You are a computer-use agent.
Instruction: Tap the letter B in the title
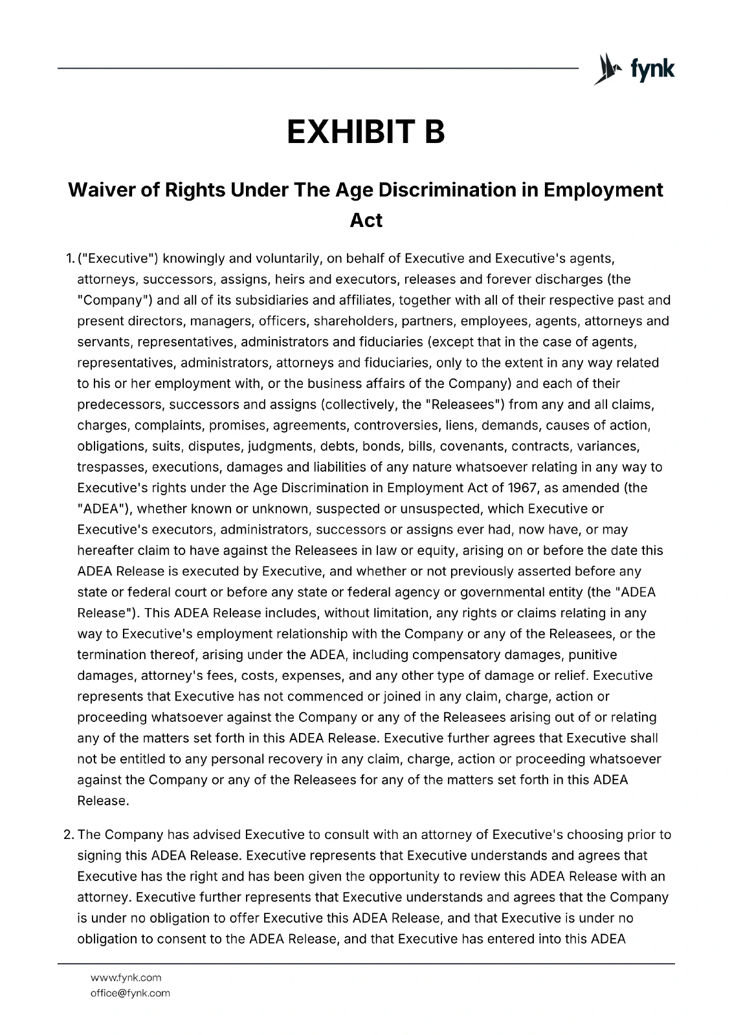coord(435,132)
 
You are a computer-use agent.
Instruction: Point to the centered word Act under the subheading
coord(366,220)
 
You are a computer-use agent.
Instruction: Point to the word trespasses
coord(111,467)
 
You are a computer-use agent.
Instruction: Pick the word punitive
coord(593,655)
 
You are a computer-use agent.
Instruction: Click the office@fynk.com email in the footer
coord(130,993)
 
